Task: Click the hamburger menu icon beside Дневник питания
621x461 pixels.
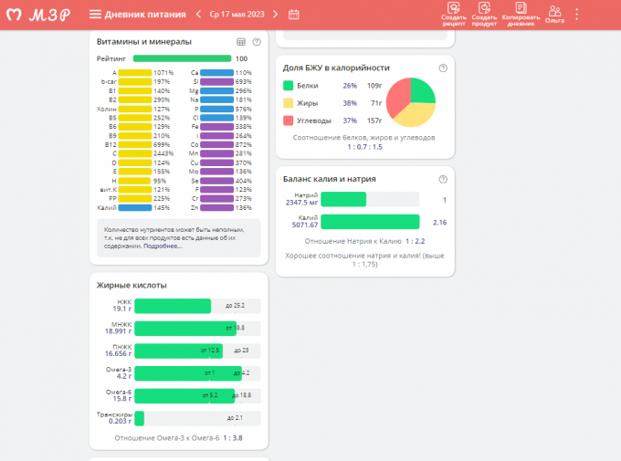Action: click(x=96, y=14)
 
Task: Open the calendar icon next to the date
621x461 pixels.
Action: click(x=294, y=14)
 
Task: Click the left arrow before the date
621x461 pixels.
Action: click(x=196, y=14)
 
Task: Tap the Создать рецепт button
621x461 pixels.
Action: click(x=454, y=14)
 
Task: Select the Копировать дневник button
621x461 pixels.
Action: click(x=521, y=14)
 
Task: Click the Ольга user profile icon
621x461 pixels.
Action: click(x=554, y=14)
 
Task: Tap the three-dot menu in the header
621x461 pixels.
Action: click(x=576, y=14)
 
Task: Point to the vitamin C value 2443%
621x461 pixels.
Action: click(x=163, y=152)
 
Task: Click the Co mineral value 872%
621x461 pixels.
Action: click(x=244, y=144)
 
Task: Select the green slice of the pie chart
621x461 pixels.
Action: click(x=421, y=90)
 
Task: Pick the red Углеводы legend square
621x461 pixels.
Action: click(x=288, y=120)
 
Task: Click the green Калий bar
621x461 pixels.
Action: click(x=370, y=222)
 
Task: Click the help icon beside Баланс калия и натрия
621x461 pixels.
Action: click(x=443, y=179)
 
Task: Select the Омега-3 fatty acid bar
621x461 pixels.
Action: click(x=188, y=372)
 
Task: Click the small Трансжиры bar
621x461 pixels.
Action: click(x=140, y=417)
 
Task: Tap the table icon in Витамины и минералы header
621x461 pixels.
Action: click(x=241, y=42)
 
